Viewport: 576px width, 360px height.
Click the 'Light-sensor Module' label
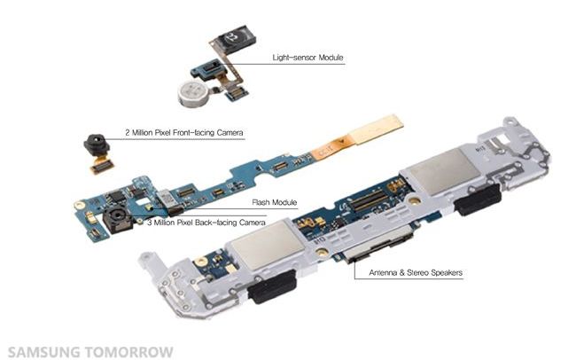point(307,59)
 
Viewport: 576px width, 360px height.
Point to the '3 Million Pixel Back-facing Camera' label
point(207,222)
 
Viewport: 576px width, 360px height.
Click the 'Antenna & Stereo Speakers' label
point(416,272)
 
